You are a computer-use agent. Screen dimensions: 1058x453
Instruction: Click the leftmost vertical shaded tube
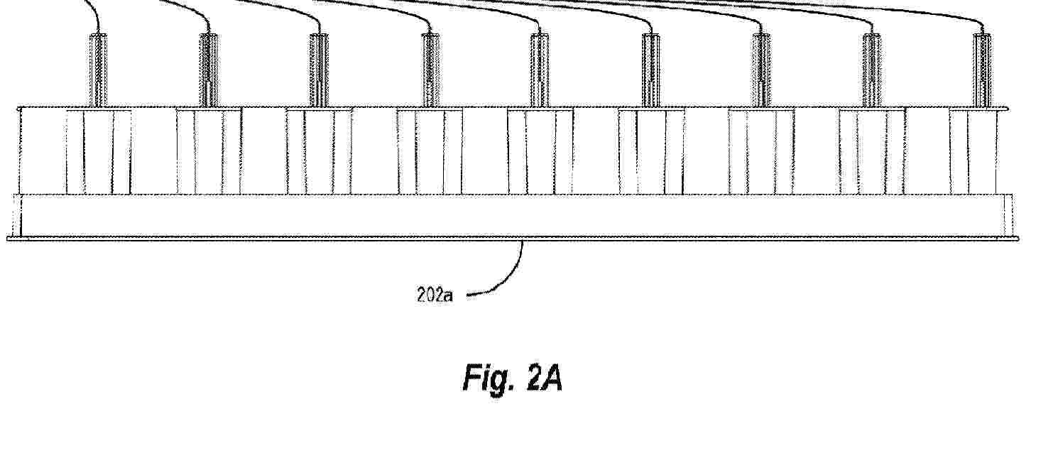point(98,70)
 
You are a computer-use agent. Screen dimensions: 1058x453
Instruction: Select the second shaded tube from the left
point(209,70)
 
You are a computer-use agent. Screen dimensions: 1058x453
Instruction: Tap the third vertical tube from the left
point(320,70)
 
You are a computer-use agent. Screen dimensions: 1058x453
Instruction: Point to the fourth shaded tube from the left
point(430,70)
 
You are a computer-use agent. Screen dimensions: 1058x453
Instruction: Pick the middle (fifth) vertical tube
point(540,70)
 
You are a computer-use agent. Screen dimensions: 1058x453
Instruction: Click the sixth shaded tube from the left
point(651,70)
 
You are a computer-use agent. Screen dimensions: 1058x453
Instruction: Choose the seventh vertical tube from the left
point(761,70)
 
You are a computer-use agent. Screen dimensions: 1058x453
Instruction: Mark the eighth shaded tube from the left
point(872,70)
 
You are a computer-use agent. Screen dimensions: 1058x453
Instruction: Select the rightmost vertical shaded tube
point(983,70)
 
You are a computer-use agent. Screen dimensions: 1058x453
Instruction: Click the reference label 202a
point(435,295)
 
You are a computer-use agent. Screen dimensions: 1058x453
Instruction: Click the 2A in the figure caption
point(545,378)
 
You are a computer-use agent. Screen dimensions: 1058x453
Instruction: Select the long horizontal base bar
point(513,217)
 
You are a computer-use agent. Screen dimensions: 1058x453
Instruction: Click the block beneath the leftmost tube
point(98,151)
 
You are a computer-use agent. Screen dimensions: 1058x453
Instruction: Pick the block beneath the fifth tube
point(540,151)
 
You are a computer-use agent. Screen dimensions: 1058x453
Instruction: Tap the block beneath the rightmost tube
point(978,151)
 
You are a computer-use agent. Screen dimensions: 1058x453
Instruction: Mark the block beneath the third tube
point(320,151)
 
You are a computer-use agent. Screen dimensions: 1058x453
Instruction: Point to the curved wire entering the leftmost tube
point(94,12)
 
